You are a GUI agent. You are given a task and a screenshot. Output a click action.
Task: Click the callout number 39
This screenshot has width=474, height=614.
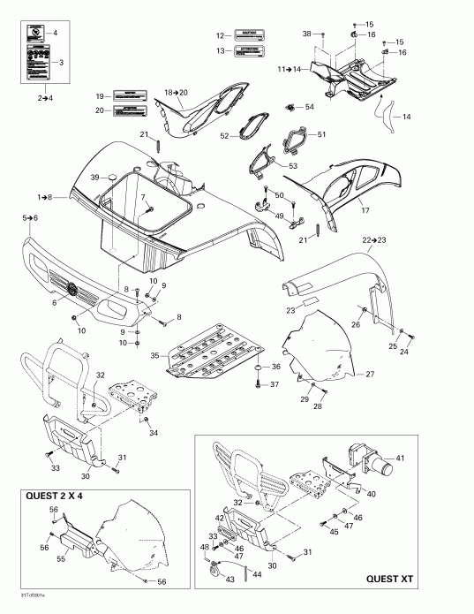click(x=92, y=178)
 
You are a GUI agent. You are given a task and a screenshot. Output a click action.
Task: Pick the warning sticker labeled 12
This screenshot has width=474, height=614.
click(x=250, y=35)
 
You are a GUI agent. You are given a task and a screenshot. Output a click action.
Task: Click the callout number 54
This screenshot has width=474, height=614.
click(x=309, y=107)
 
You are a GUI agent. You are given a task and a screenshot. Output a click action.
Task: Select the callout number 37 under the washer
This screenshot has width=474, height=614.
click(x=275, y=384)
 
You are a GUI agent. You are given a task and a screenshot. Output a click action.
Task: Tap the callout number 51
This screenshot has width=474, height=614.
click(x=321, y=134)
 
